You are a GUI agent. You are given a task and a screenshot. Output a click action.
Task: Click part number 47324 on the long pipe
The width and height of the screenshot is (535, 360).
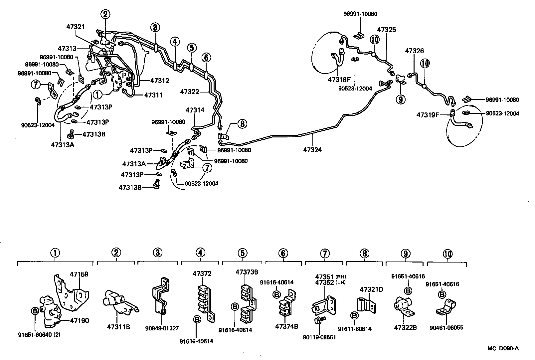tap(312, 150)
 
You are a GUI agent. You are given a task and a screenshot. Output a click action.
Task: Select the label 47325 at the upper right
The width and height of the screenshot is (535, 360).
tap(387, 30)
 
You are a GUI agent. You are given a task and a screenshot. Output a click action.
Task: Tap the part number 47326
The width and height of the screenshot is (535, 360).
tap(414, 51)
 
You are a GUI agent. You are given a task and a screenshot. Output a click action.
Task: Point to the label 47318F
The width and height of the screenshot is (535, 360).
tap(339, 80)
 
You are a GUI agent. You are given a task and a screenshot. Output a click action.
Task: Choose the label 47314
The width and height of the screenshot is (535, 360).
tap(195, 110)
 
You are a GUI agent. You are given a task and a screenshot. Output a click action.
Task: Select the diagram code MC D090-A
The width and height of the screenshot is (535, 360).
tap(503, 348)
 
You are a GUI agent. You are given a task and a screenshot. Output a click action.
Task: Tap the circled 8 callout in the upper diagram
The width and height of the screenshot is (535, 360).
tap(242, 124)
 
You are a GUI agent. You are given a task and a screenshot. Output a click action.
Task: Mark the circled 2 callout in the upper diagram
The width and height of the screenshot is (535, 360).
tap(105, 14)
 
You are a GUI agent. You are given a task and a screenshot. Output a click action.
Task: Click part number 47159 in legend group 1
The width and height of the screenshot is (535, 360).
tap(79, 274)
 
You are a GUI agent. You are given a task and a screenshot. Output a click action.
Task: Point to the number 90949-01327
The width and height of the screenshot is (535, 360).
tap(162, 328)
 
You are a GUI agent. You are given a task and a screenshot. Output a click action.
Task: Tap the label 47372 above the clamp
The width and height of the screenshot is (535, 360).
tap(202, 274)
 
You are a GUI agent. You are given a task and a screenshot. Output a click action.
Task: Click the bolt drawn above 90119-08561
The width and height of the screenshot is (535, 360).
tap(319, 321)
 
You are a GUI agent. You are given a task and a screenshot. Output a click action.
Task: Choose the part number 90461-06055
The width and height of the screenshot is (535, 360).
tap(446, 328)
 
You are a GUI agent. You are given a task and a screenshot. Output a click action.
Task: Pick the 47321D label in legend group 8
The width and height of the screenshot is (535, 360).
tap(371, 289)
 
